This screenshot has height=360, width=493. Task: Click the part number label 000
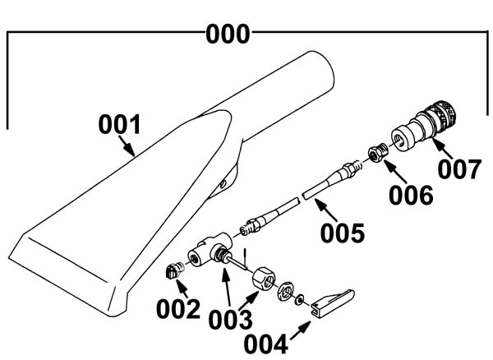(x=228, y=34)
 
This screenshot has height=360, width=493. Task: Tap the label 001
(x=119, y=124)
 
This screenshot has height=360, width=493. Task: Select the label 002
(x=178, y=309)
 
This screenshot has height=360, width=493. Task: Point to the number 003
(x=230, y=320)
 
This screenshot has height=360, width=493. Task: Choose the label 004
(x=266, y=344)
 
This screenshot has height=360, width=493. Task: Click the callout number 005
(x=343, y=233)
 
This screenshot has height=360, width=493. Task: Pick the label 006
(x=411, y=196)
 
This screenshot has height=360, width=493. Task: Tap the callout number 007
(x=459, y=169)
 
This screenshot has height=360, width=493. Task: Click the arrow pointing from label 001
(x=127, y=145)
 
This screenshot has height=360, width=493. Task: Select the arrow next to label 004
(x=300, y=330)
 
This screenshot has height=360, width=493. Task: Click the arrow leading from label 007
(x=443, y=148)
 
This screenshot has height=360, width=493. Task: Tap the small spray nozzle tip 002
(x=174, y=270)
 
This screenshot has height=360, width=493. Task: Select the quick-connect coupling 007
(x=423, y=126)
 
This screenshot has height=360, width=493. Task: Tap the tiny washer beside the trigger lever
(x=299, y=299)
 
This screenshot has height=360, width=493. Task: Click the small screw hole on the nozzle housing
(x=223, y=183)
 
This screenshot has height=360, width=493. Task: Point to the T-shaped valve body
(x=210, y=249)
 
